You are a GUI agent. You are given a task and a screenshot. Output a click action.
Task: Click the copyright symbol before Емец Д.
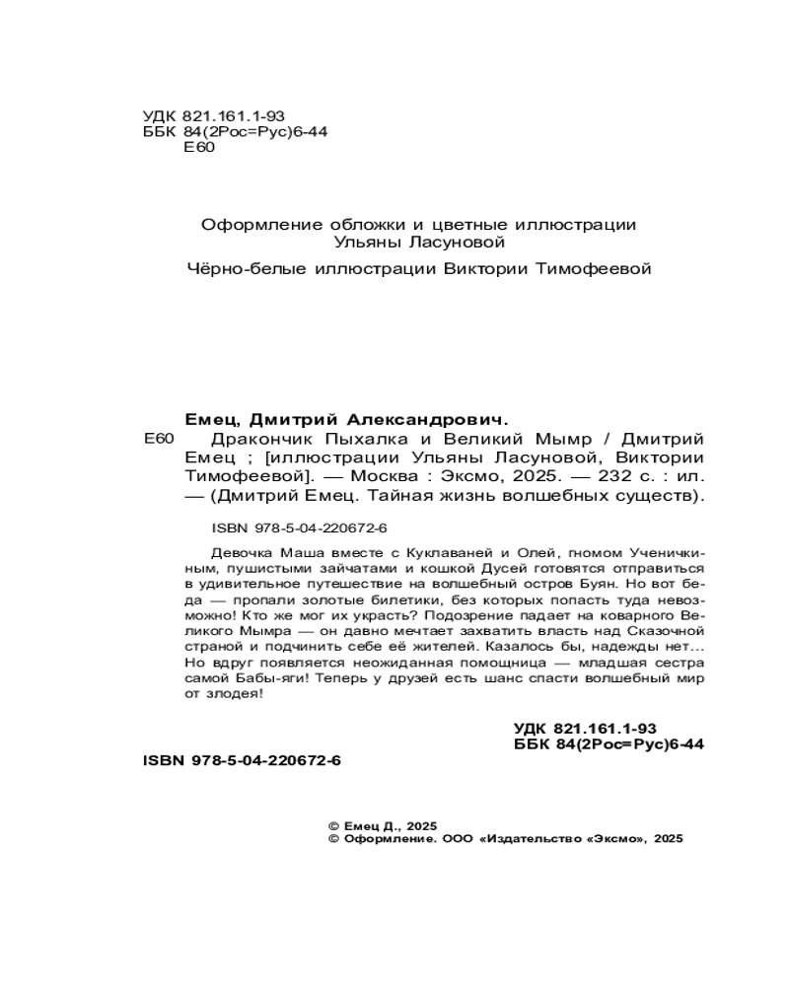click(x=332, y=824)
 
